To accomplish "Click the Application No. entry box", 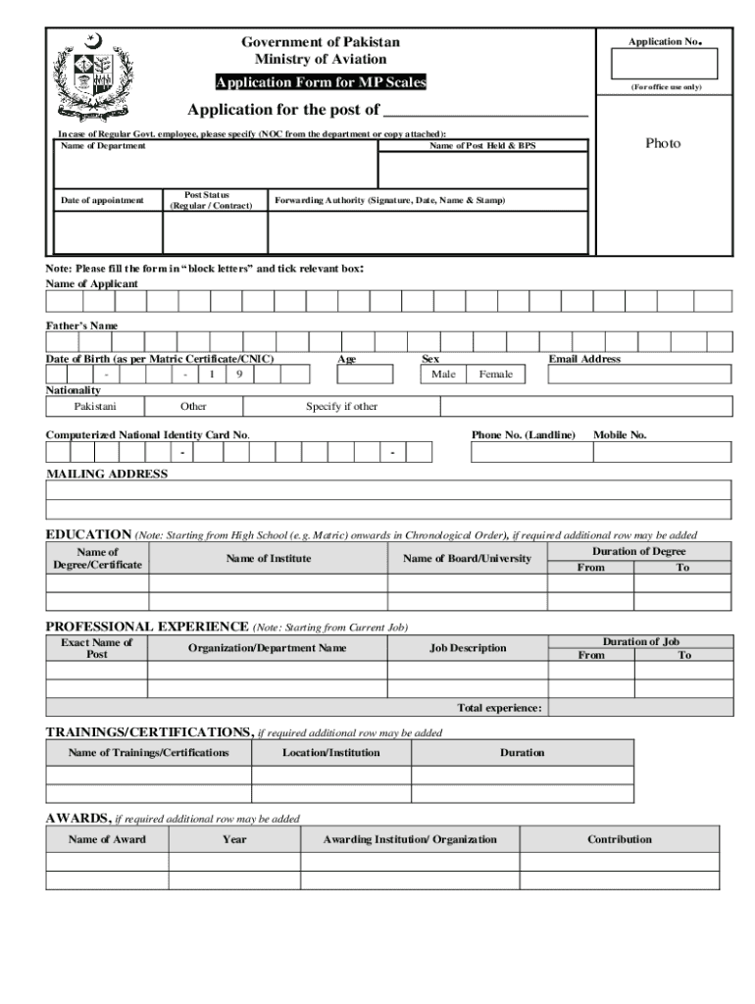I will point(664,64).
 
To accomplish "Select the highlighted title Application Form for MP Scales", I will point(321,82).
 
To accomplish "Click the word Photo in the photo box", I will point(663,143).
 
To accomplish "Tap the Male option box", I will point(443,375).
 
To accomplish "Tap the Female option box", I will point(495,375).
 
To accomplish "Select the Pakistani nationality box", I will point(95,406).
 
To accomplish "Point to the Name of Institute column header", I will point(268,559).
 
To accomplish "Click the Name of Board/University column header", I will point(467,559).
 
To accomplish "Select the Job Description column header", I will point(468,648).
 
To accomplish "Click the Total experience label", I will point(499,708).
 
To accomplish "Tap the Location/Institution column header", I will point(331,753).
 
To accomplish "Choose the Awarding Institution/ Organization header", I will point(410,839).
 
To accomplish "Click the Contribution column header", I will point(619,839).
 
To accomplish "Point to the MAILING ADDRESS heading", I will point(107,474).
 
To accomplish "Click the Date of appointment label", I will point(102,201).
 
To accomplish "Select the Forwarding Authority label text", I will point(389,201).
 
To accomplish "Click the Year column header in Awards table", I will point(234,839).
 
